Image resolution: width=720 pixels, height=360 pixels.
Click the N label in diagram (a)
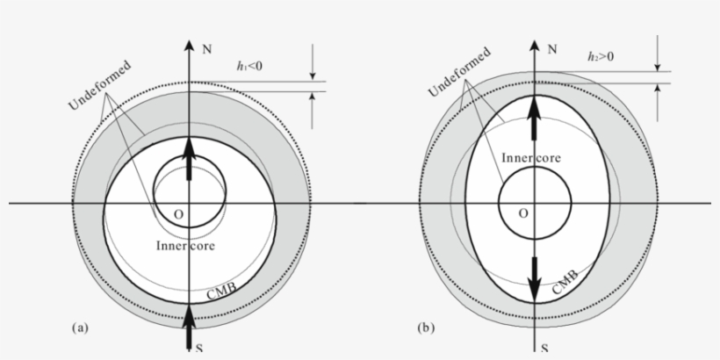point(207,51)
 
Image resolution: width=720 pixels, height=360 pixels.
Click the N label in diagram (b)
point(551,51)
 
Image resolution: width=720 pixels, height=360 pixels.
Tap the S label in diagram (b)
point(545,349)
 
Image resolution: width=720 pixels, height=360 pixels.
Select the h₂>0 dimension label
point(601,56)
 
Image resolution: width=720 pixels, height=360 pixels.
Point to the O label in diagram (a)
point(178,214)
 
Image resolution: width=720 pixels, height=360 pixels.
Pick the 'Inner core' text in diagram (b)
point(532,158)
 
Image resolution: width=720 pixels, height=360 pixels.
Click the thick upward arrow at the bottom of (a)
point(190,330)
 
